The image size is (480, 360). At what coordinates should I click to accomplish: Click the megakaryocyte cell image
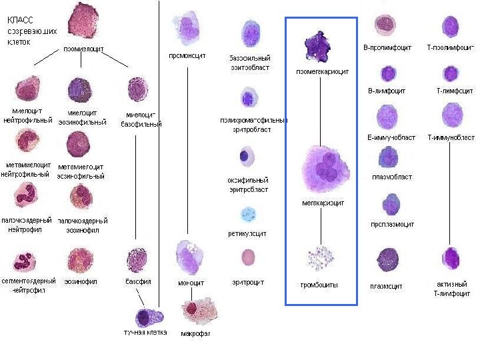pos(326,168)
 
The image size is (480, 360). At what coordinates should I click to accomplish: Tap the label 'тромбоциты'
pos(319,285)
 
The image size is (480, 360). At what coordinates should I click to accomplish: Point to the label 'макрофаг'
pos(196,333)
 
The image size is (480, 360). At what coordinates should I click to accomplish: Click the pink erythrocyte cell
pos(248,257)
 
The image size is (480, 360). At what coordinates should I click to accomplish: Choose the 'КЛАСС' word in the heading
pos(21,19)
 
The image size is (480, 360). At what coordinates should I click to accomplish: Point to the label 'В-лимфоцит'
pos(387,90)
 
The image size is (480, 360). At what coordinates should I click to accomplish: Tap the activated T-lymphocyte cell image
pos(452,258)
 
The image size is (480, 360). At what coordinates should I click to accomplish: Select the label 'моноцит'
pos(191,283)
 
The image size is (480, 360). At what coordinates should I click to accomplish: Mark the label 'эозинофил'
pos(81,282)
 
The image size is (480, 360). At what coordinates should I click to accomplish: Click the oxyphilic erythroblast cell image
pos(247,157)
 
